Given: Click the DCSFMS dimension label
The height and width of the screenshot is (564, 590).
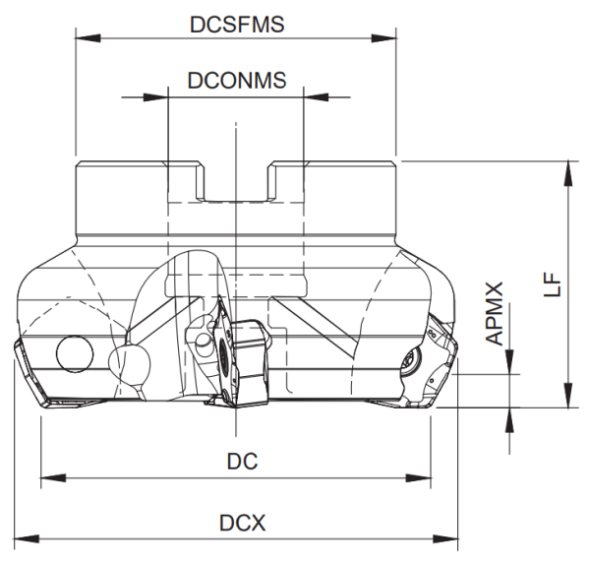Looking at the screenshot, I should [x=237, y=25].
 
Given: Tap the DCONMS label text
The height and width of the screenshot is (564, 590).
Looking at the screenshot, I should [x=237, y=82].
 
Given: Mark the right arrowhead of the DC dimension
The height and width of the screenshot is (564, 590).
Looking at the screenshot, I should [x=422, y=479].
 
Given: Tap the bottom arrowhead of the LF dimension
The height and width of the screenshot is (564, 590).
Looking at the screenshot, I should [x=568, y=398].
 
